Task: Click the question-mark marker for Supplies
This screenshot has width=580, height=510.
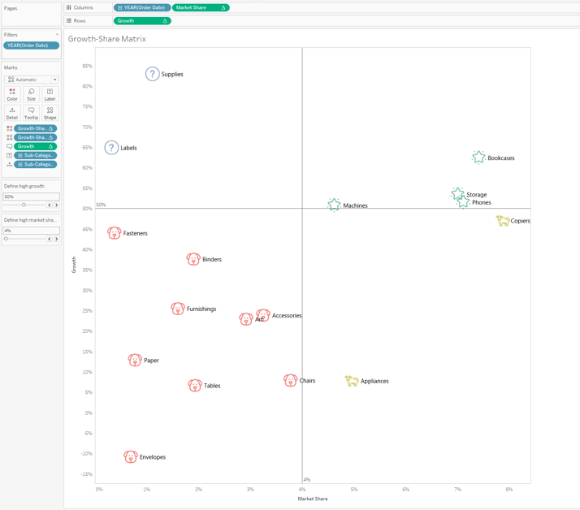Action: point(152,74)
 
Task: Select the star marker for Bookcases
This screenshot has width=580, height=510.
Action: point(478,157)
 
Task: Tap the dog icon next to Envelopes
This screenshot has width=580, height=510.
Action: point(130,456)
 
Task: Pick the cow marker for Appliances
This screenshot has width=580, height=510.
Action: point(351,380)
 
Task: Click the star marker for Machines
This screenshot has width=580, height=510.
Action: point(334,205)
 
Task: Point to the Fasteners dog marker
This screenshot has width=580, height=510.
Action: point(114,233)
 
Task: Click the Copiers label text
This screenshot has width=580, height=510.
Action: point(520,221)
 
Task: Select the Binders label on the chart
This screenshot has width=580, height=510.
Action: point(211,260)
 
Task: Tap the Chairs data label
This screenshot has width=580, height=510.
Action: point(307,381)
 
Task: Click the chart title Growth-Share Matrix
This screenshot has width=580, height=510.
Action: point(106,39)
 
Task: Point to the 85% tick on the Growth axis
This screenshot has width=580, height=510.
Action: point(87,67)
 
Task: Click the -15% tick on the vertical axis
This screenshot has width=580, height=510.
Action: point(86,474)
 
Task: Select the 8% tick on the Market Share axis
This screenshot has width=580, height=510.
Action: point(509,490)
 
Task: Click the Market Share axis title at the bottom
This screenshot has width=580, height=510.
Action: point(313,499)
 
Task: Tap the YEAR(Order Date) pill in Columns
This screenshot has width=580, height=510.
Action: point(141,8)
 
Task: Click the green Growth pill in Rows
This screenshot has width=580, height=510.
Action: point(141,21)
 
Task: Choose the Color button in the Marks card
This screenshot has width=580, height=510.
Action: point(12,94)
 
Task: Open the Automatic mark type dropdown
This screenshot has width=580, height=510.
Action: point(32,80)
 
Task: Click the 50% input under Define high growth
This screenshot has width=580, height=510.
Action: point(31,197)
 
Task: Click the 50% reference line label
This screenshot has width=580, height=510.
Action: point(101,205)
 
